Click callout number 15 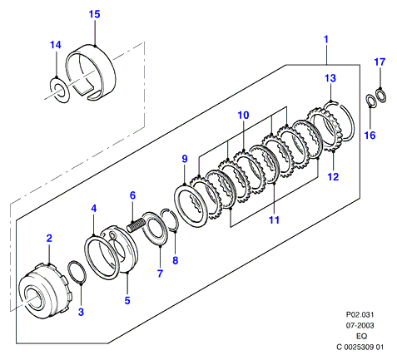point(94,14)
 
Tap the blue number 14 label point(56,45)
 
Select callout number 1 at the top point(326,39)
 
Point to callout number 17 point(380,62)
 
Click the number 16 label point(370,136)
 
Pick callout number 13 point(330,78)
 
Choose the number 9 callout point(185,159)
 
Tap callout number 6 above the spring point(132,195)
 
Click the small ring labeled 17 point(385,95)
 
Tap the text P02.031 point(360,314)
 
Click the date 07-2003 point(360,325)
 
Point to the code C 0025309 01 point(360,347)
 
